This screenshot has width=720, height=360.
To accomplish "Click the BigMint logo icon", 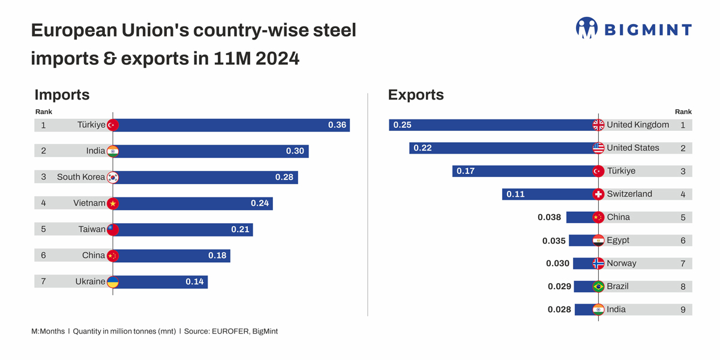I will pos(586,28).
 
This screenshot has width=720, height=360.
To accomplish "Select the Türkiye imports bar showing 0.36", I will pos(231,125).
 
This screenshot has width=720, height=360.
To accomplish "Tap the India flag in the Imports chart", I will pos(113,151).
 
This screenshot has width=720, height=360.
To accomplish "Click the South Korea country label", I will pos(81,177).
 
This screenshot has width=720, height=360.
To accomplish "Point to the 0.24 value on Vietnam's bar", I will pos(260,203).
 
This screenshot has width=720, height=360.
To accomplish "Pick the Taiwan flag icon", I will pos(113,229).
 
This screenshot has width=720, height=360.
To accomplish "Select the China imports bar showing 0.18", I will pos(171,256).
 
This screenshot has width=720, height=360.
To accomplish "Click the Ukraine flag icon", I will pos(113,281).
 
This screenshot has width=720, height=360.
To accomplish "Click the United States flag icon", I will pos(598,148).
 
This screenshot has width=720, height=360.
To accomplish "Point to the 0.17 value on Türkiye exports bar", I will pos(466,172).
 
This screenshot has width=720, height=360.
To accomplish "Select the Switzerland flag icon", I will pos(598,194).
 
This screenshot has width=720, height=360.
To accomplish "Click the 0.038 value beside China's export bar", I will pos(549,217).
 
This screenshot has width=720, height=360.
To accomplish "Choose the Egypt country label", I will pos(618,240).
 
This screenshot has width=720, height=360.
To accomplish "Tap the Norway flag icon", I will pos(598,263).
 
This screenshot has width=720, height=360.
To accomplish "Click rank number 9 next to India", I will pos(683,310).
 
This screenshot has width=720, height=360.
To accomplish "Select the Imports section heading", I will pos(62,95).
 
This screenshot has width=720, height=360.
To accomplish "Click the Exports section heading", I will pos(416,95).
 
